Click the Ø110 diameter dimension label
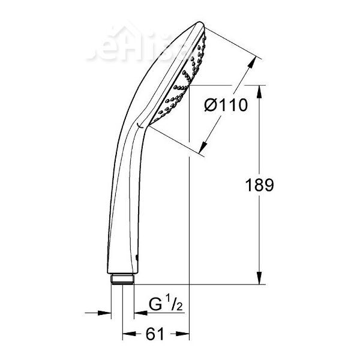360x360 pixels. [x=226, y=105]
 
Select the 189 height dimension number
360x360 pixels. [x=260, y=185]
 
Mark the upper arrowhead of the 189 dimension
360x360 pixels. [x=260, y=90]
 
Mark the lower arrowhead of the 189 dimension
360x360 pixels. [x=260, y=280]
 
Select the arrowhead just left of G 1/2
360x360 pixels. [x=139, y=312]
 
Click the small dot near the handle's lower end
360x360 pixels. [x=137, y=259]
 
